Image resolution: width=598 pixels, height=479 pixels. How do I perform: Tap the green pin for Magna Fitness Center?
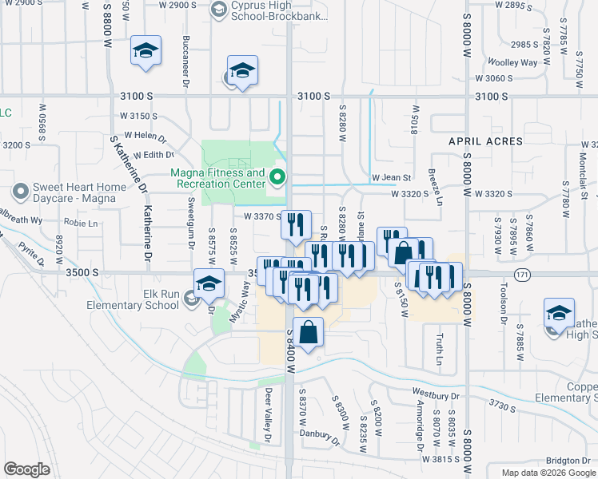coord(278,176)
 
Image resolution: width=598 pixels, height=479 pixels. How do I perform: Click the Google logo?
coord(26,469)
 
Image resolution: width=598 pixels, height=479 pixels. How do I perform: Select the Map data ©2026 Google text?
coord(548,473)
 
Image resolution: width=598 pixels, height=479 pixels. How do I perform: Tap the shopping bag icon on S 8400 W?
coord(308,331)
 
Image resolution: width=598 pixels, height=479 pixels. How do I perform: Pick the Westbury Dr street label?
coord(437,395)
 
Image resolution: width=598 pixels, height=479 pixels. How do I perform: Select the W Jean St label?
coord(391,177)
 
